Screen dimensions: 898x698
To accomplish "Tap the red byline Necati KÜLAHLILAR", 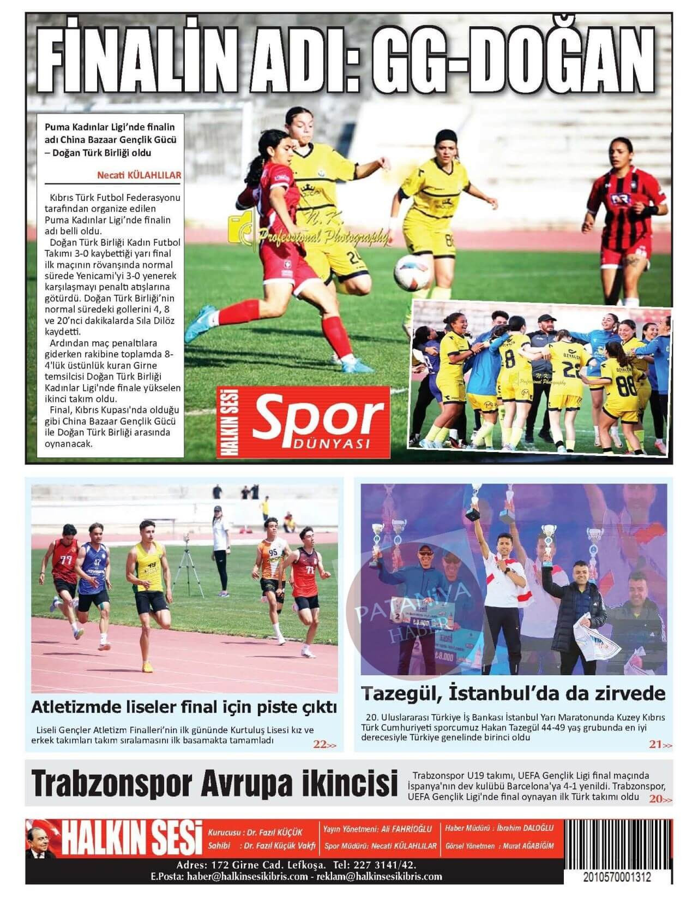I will click(x=139, y=175).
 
